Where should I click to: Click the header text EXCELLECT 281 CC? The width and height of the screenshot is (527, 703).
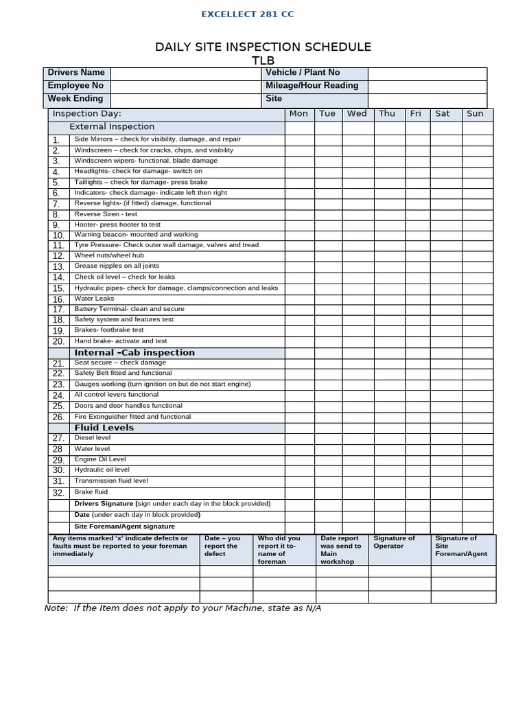coord(247,14)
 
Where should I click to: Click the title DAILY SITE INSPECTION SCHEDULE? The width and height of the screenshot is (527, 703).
coord(263,47)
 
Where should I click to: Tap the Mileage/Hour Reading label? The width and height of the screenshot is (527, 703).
coord(312,86)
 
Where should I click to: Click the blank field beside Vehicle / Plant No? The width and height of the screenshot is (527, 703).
coord(427,73)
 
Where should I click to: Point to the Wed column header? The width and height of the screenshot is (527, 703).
coord(357,114)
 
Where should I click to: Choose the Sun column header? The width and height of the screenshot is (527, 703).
coord(475,114)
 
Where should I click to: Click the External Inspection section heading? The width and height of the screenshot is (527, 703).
coord(112,127)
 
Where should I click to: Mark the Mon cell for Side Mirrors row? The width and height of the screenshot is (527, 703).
coord(298,139)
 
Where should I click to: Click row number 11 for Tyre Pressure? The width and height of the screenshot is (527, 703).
coord(58,245)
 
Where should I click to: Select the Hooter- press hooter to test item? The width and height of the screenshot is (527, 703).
coord(117,224)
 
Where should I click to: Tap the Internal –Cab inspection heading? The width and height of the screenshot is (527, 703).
coord(134,353)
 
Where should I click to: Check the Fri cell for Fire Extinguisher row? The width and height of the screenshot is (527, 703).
coord(415,417)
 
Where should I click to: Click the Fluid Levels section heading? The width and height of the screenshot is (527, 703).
coord(104,428)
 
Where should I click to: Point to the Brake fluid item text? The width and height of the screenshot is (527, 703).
coord(91,492)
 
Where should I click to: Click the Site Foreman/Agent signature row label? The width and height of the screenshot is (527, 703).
coord(124,527)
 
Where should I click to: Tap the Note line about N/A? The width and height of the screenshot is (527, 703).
coord(183,608)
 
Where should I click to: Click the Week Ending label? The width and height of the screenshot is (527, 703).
coord(75,99)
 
